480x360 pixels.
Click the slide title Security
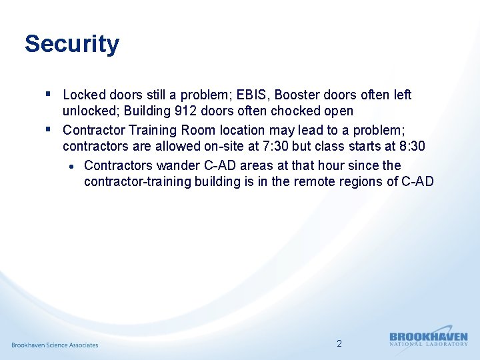[x=72, y=44]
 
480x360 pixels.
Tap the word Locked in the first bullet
[x=82, y=95]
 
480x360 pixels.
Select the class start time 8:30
[x=409, y=145]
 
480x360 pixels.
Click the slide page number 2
[x=339, y=344]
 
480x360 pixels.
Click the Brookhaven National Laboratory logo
[x=428, y=339]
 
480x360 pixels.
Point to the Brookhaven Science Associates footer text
[x=55, y=345]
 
